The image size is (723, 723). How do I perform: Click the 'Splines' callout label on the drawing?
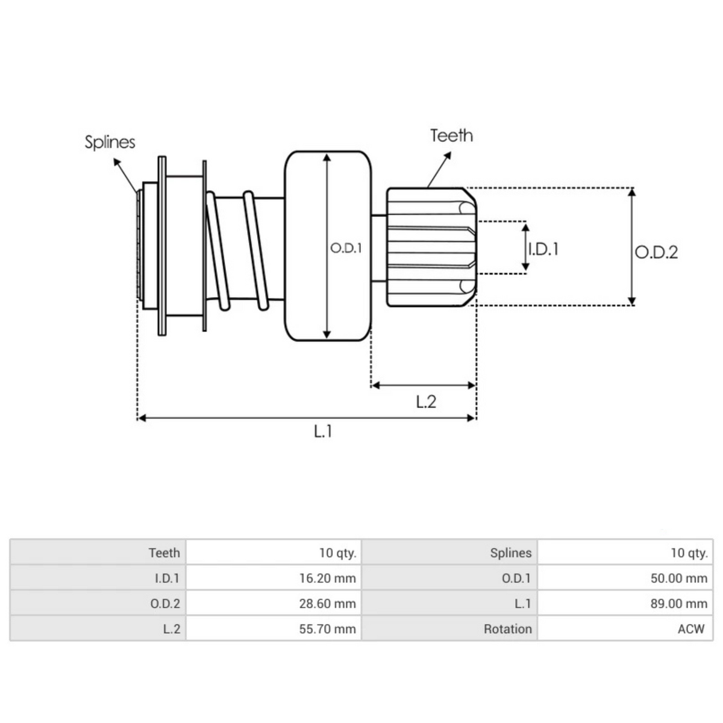pos(110,142)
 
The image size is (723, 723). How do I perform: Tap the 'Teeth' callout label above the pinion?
pos(451,136)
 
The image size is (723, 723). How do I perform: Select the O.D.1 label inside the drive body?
pos(346,248)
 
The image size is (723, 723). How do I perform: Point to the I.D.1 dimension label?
pos(543,249)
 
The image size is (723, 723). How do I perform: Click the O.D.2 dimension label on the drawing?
pos(656,252)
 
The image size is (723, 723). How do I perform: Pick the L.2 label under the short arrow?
pos(426,401)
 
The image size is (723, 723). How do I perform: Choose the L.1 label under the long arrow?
pos(323,431)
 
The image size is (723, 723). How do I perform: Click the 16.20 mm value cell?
pos(327,578)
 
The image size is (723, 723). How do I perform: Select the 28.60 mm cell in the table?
pos(327,604)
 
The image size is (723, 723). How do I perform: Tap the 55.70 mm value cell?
pos(327,629)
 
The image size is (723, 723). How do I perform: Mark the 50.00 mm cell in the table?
pos(678,578)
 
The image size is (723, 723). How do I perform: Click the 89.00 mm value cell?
pos(678,604)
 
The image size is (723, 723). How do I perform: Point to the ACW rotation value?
pos(690,629)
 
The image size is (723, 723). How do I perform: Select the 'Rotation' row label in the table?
pos(507,629)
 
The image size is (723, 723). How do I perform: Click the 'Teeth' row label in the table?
pos(164,552)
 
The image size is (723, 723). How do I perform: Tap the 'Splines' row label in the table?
pos(510,552)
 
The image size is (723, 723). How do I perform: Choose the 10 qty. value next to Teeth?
pos(337,552)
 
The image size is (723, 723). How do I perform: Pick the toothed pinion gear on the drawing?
pos(431,247)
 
